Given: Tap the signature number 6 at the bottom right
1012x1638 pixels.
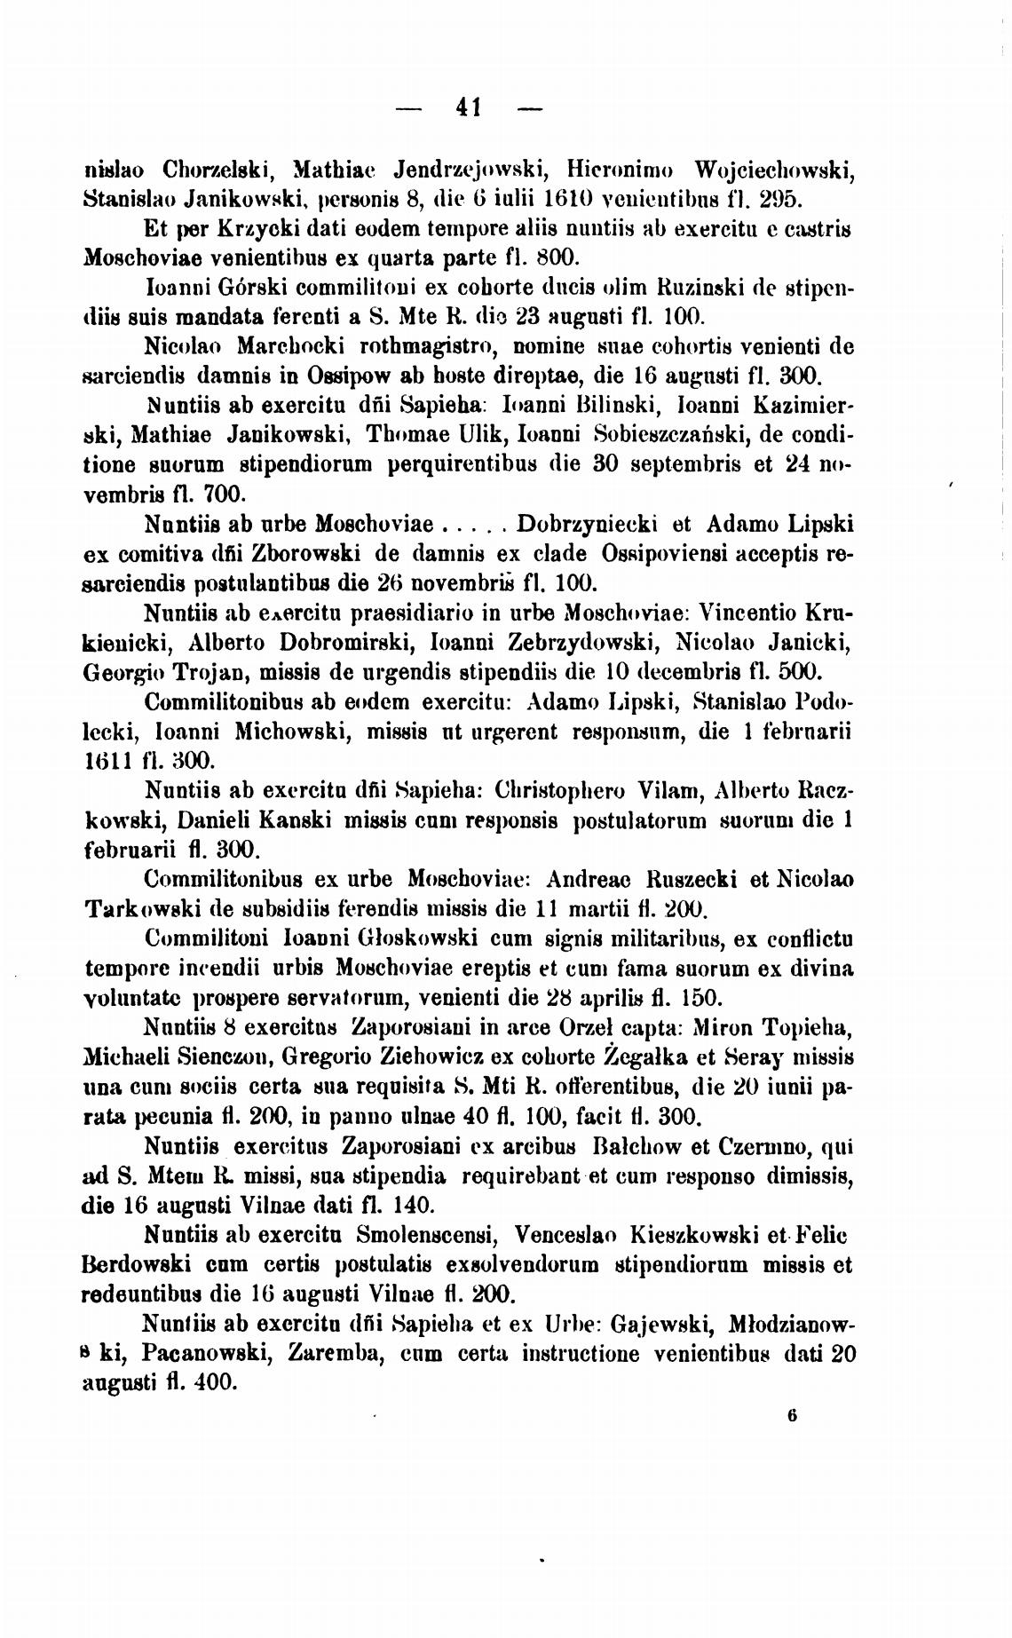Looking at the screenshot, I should point(791,1417).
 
